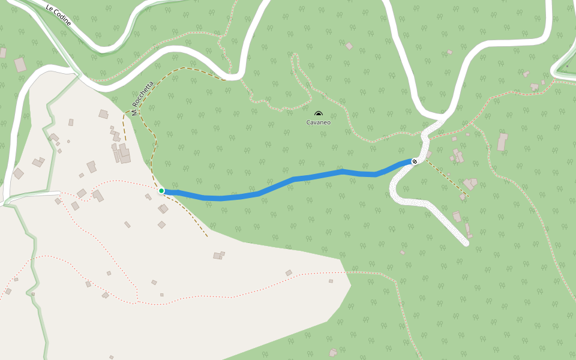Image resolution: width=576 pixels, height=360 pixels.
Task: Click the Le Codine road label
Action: pos(58,14)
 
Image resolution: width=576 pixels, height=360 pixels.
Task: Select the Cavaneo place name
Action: pos(319,122)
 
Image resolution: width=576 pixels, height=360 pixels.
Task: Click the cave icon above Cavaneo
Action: pos(319,114)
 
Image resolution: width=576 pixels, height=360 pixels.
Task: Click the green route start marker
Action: pos(161,191)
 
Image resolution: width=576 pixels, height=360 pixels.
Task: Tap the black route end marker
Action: pos(415,161)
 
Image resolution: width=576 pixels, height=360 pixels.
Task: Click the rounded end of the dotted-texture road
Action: pos(465,243)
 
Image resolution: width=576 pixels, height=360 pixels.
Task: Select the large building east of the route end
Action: pos(502,142)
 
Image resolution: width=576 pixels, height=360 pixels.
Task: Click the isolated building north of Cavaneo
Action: pos(349,46)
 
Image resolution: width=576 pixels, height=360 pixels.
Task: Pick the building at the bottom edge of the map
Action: pos(332,353)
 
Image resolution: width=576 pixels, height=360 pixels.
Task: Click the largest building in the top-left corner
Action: pos(20,64)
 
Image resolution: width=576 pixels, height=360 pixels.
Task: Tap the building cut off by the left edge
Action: pos(2,53)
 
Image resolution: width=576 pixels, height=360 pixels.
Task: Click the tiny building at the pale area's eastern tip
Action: pos(331,281)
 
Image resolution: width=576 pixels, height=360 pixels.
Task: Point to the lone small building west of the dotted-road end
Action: pos(402,253)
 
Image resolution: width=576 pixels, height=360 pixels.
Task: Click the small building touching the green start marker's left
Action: pos(148,196)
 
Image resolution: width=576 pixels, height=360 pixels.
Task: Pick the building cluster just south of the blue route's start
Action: pos(163,209)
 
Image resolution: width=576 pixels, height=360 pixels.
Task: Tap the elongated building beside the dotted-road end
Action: pos(467,229)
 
